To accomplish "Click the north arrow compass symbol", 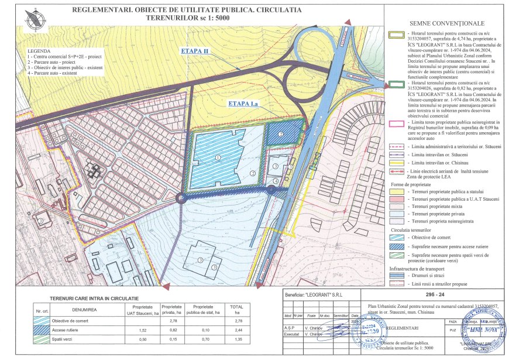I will (33, 16).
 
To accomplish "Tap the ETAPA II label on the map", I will (195, 51).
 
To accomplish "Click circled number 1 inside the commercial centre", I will (218, 157).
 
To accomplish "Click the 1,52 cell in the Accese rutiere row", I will (143, 330).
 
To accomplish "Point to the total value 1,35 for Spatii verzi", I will (236, 340).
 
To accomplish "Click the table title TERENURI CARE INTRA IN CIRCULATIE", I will (90, 299).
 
